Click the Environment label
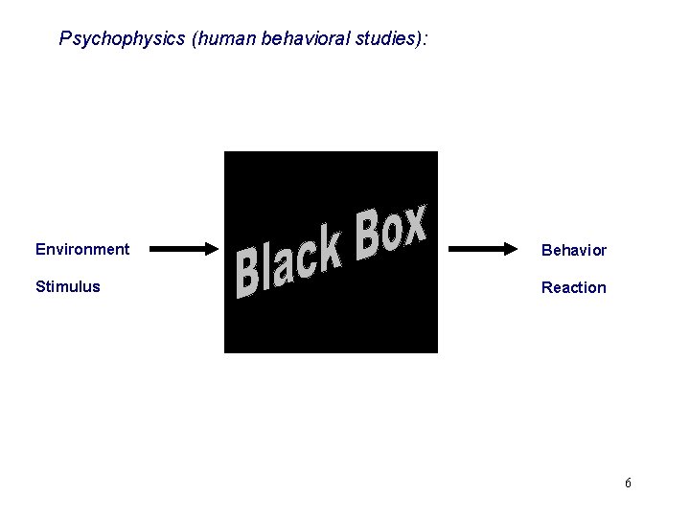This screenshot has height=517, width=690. (x=82, y=249)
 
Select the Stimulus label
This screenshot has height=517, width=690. (x=67, y=286)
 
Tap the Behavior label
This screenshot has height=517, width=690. (x=573, y=250)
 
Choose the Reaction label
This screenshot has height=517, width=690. (x=573, y=287)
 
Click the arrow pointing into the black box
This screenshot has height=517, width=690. (x=184, y=250)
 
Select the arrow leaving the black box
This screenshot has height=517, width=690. (x=482, y=250)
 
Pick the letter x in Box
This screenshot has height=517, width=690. (x=413, y=226)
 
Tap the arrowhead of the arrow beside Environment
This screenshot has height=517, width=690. (x=211, y=250)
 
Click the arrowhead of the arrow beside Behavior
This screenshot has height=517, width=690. (x=509, y=250)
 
